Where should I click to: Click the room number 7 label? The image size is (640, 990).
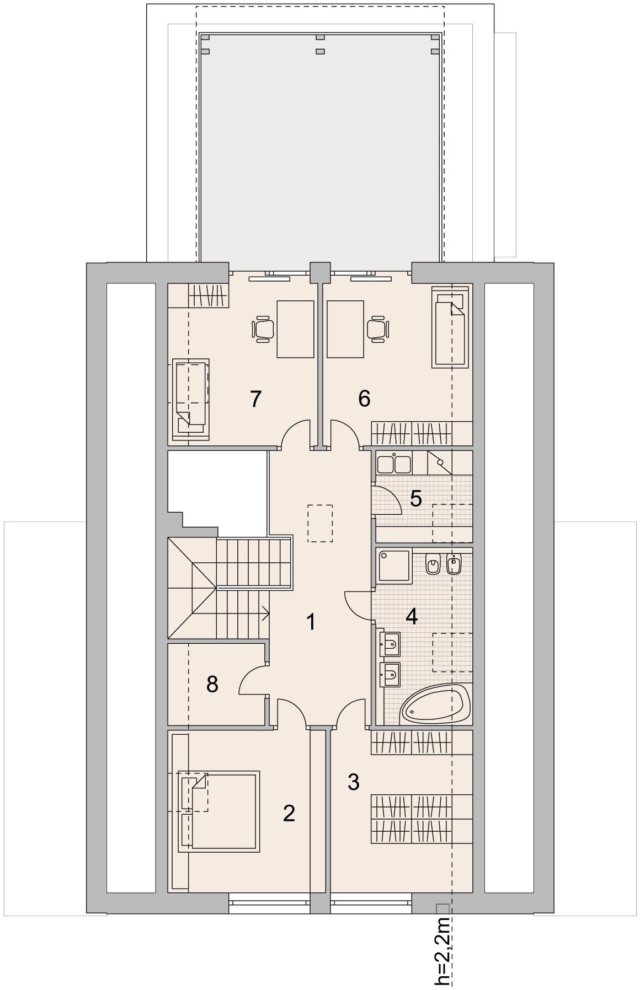point(255,399)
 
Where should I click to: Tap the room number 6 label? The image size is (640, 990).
point(364,398)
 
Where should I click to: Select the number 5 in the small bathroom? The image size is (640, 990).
point(416,498)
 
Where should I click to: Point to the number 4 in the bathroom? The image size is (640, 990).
point(412,616)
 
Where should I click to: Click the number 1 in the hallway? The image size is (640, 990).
point(311,622)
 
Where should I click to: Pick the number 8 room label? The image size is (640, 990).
point(212,684)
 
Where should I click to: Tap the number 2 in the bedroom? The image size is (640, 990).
point(289,813)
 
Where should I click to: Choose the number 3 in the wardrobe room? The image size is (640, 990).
point(354,781)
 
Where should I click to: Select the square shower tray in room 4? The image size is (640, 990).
point(394,565)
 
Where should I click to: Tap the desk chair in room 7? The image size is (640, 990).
point(263,329)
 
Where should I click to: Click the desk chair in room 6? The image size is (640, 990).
point(378,329)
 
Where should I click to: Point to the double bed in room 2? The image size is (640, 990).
point(218,811)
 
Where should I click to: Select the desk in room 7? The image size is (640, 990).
point(295,329)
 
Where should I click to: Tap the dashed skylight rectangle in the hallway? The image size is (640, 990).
point(321,524)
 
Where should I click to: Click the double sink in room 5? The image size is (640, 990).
point(393,464)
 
